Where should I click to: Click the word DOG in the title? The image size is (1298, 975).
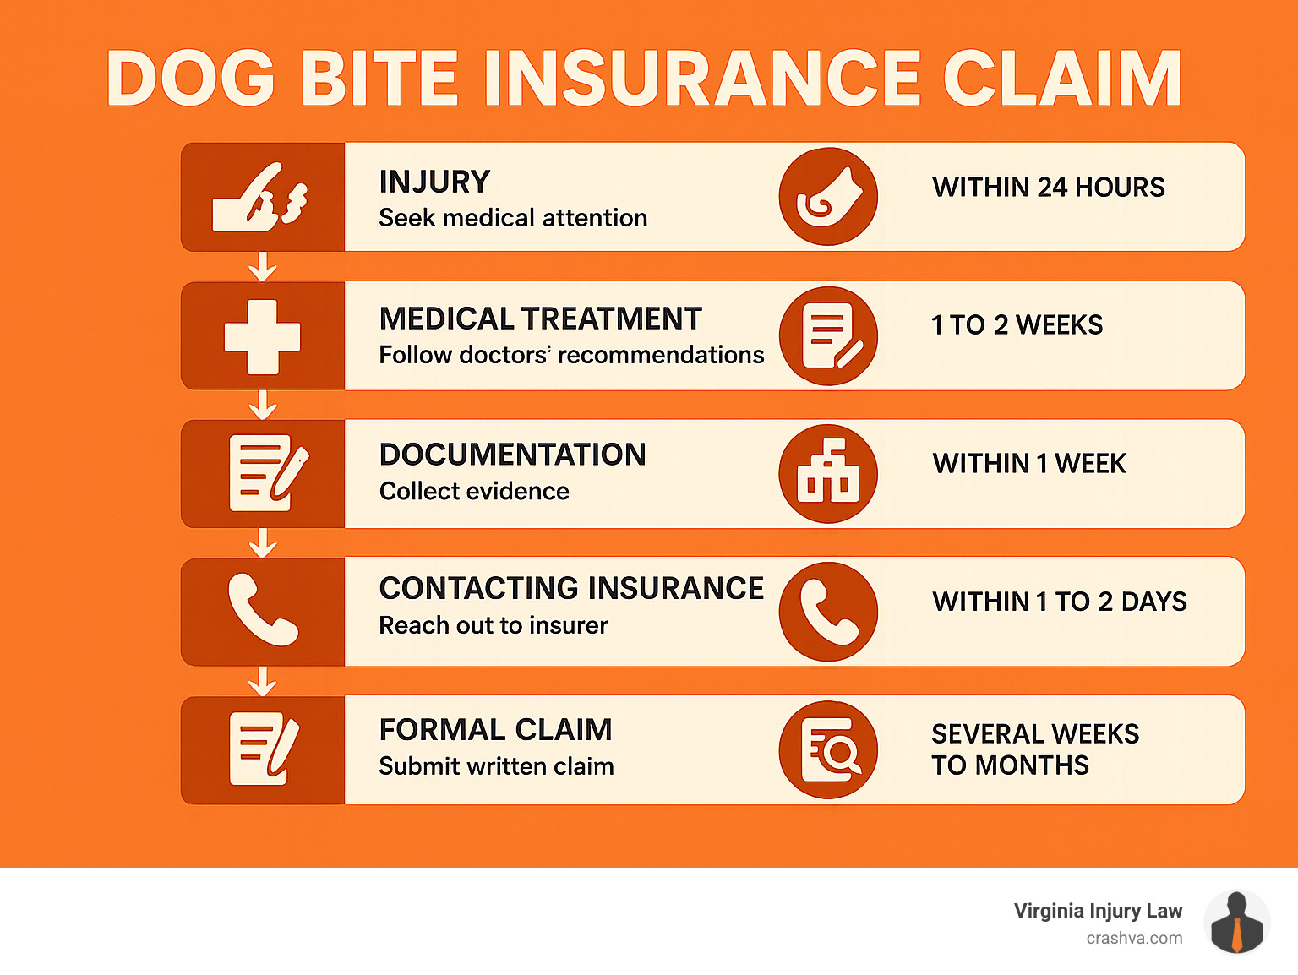190,78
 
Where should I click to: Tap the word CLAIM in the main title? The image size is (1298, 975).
1062,78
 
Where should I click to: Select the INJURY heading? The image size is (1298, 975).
434,182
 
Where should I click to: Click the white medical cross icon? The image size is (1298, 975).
263,337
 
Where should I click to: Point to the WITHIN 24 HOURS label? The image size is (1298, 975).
1049,188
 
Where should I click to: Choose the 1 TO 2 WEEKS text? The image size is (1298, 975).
1017,325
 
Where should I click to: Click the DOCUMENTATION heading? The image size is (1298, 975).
513,455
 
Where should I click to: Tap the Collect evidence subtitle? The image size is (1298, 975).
474,492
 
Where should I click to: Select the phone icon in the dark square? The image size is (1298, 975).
263,610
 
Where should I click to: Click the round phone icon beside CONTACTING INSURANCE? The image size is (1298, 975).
828,612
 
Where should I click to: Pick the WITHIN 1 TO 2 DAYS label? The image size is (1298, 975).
1060,602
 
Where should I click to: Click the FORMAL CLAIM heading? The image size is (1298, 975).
495,730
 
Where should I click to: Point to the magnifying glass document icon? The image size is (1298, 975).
828,749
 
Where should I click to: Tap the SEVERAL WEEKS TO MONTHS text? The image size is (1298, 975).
1035,749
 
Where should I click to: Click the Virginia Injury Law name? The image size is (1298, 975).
1098,911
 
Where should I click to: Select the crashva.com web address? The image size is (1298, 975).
1134,939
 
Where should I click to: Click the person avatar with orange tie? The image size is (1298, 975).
1236,922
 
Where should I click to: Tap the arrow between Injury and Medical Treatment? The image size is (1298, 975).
263,266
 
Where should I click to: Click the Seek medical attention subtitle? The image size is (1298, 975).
513,218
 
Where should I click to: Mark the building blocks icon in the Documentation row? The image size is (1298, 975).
828,473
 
